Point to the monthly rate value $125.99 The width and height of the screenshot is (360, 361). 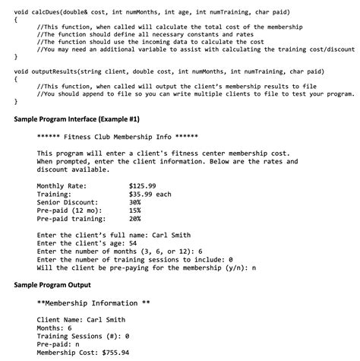tap(143, 185)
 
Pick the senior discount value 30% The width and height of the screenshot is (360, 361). tap(135, 202)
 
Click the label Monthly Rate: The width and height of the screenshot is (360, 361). tap(62, 185)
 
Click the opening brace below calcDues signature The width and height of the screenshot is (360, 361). tap(17, 22)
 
